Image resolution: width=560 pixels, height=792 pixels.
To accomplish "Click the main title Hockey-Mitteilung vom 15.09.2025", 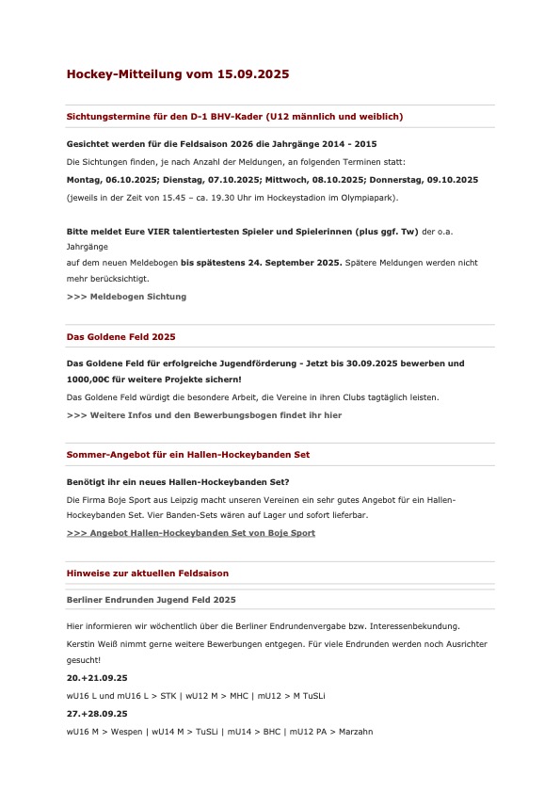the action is (177, 73).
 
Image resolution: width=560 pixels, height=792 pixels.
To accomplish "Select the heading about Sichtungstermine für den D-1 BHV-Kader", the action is (234, 117).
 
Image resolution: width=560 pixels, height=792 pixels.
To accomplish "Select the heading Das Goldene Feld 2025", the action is (120, 336).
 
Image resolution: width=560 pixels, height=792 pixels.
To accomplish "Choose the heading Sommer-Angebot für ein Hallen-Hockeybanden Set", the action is (187, 455).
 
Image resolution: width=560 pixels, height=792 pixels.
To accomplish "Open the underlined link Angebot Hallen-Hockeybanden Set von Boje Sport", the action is (191, 533).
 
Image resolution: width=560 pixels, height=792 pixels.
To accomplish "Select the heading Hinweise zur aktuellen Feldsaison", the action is (147, 573).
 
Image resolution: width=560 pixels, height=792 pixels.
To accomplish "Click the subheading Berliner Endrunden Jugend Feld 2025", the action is (151, 599).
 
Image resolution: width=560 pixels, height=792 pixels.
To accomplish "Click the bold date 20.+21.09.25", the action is (96, 678).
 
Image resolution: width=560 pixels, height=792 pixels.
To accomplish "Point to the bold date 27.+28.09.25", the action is (96, 714).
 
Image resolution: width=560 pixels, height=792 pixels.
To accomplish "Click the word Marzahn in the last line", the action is (355, 731).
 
